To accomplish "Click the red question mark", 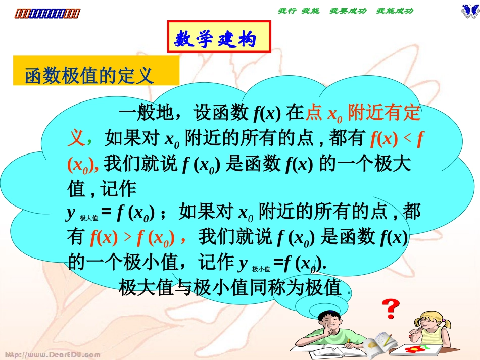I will tap(390, 307).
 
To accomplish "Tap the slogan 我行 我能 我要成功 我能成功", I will tap(346, 11).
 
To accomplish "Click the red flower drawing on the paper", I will tap(414, 348).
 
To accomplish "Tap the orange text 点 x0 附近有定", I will tap(363, 113).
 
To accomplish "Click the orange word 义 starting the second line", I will tap(76, 137).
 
